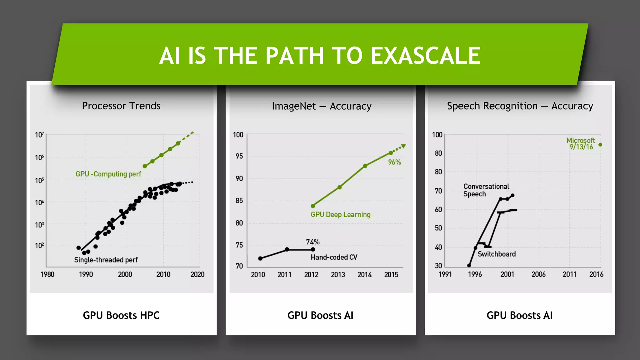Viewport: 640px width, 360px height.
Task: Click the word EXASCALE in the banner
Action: pyautogui.click(x=425, y=56)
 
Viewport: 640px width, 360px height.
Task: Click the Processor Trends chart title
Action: pyautogui.click(x=121, y=106)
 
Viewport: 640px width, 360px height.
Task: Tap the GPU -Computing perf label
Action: pyautogui.click(x=108, y=174)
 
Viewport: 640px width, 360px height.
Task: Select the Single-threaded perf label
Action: pyautogui.click(x=106, y=260)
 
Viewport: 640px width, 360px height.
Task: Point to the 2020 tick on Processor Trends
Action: pyautogui.click(x=197, y=274)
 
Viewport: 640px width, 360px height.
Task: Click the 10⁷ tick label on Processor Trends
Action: pyautogui.click(x=39, y=135)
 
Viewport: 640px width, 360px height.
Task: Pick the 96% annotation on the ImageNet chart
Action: pyautogui.click(x=394, y=162)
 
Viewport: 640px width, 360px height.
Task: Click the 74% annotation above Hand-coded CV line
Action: pyautogui.click(x=312, y=242)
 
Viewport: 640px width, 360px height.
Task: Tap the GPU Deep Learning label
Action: pyautogui.click(x=340, y=215)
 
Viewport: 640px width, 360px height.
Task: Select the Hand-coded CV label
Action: pyautogui.click(x=334, y=257)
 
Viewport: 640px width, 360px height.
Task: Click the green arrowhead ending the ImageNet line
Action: pyautogui.click(x=403, y=146)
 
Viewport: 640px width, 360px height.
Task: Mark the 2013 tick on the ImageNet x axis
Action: pyautogui.click(x=338, y=275)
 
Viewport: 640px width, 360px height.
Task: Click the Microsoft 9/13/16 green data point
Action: pyautogui.click(x=600, y=145)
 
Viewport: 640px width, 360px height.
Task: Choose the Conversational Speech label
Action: pyautogui.click(x=486, y=190)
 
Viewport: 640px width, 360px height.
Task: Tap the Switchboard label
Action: pyautogui.click(x=497, y=254)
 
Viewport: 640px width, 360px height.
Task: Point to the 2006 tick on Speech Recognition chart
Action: pyautogui.click(x=538, y=274)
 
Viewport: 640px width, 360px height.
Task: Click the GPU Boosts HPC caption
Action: pyautogui.click(x=121, y=315)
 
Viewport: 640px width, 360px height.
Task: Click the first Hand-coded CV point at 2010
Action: pyautogui.click(x=260, y=258)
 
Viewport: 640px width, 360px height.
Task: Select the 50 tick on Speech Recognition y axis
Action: pyautogui.click(x=438, y=228)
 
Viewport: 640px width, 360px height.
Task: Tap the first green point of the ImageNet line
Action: pyautogui.click(x=313, y=206)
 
